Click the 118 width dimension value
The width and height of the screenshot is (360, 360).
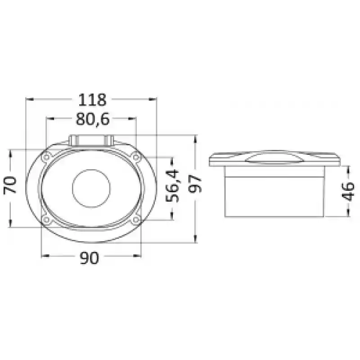[x=92, y=99]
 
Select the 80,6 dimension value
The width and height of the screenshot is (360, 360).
[x=93, y=119]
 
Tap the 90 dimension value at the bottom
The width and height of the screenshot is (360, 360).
[x=89, y=257]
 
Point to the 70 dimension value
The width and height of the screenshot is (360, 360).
[x=10, y=185]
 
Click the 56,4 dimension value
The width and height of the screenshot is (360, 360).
[x=172, y=185]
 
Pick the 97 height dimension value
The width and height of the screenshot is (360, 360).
[x=195, y=184]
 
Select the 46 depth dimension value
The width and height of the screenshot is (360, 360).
[x=348, y=192]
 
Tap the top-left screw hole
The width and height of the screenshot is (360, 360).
[x=47, y=157]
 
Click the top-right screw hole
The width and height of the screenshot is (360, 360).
[x=136, y=157]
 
